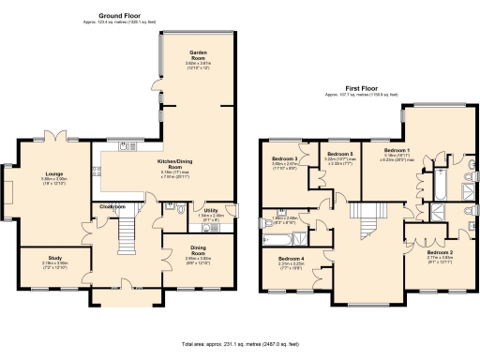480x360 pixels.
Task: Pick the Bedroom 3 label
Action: click(285, 158)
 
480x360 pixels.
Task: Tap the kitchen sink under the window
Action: click(126, 144)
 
